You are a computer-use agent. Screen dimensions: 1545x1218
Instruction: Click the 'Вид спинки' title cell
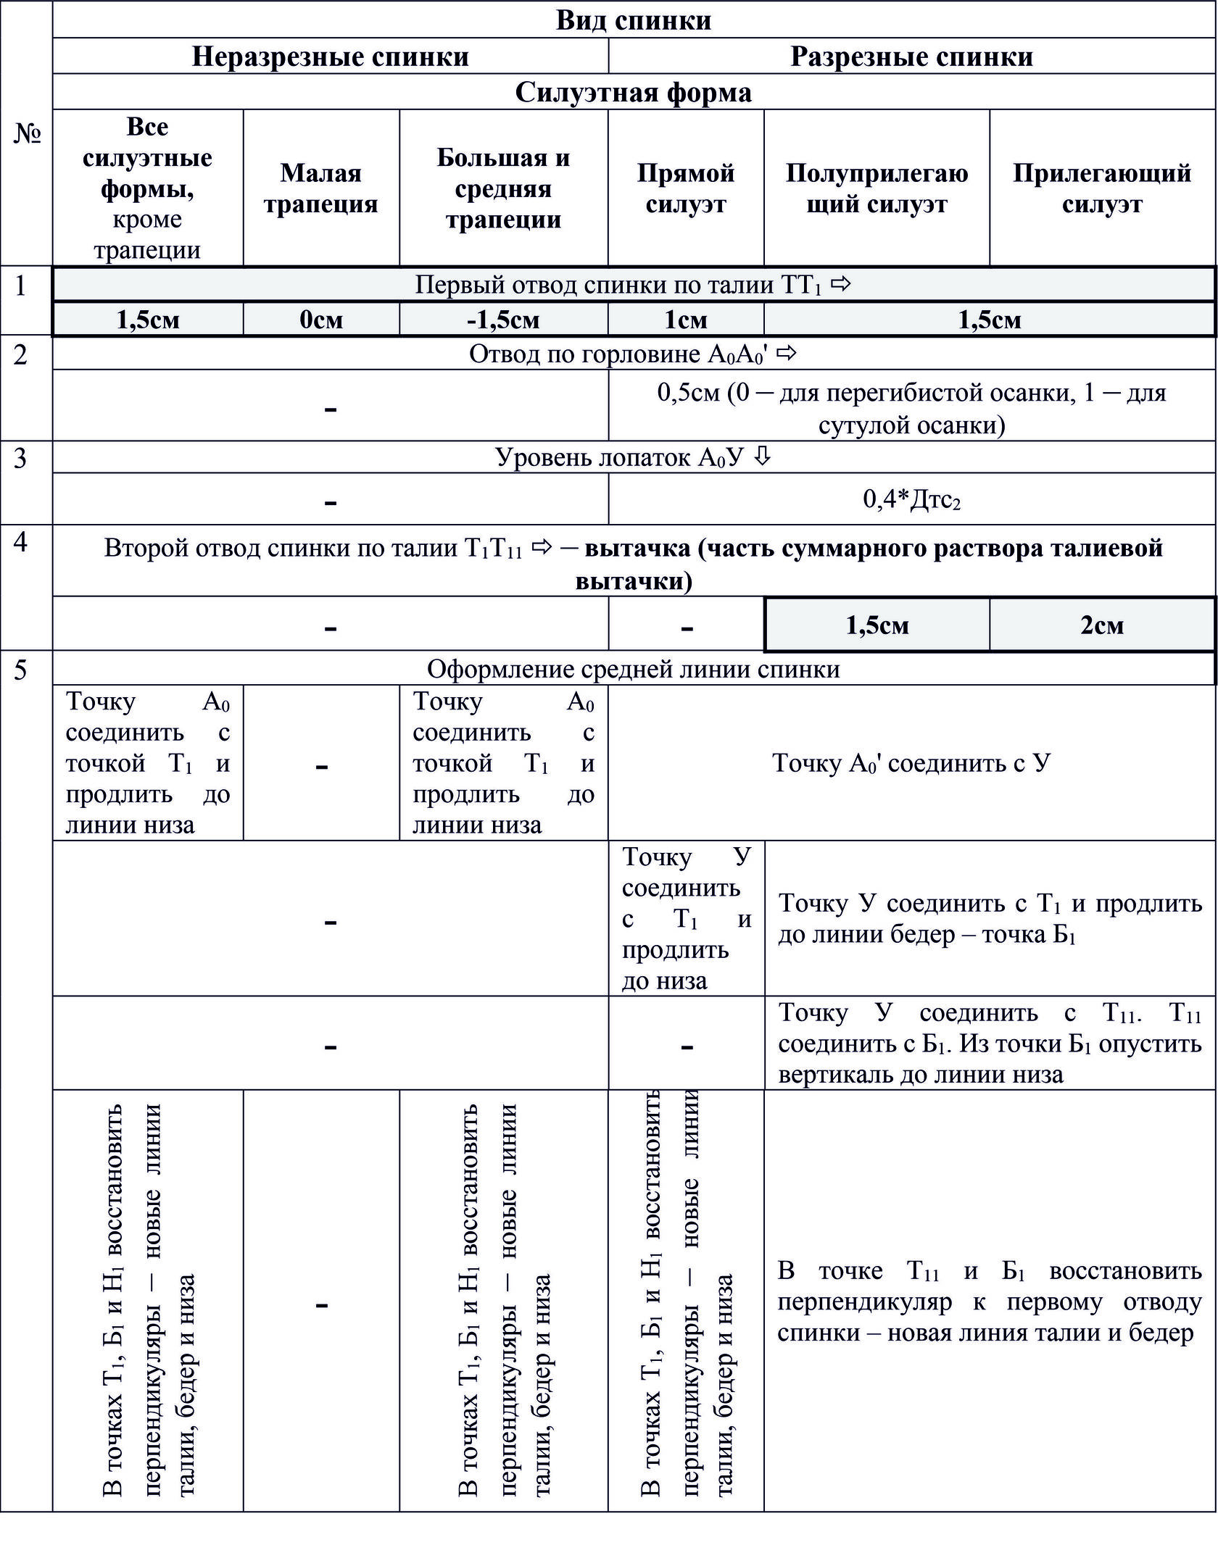[x=633, y=20]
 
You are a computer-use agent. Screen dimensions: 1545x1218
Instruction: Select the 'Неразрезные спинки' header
[x=330, y=56]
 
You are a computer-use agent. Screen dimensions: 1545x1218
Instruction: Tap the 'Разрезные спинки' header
[x=911, y=56]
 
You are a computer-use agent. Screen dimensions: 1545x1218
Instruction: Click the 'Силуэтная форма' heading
[x=633, y=92]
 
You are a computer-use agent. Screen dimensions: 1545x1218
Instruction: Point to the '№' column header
[x=27, y=133]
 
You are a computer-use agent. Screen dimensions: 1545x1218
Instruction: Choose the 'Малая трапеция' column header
[x=320, y=188]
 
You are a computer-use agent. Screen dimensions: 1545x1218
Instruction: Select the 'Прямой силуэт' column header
[x=685, y=188]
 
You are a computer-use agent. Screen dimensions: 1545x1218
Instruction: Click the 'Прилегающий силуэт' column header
[x=1101, y=188]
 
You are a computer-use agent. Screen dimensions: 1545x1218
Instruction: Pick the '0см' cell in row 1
[x=320, y=320]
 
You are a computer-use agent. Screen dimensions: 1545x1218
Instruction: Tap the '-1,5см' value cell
[x=503, y=320]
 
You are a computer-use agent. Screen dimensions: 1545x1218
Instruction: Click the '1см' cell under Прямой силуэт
[x=685, y=320]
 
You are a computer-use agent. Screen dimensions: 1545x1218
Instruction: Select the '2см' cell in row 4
[x=1101, y=625]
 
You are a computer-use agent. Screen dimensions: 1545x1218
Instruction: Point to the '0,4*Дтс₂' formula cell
[x=911, y=499]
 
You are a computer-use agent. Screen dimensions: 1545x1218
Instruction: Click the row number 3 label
[x=20, y=458]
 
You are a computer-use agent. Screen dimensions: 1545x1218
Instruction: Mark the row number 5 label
[x=20, y=670]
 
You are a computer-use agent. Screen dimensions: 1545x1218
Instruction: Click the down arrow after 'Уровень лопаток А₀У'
[x=761, y=457]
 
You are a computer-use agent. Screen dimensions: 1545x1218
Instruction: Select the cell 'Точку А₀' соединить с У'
[x=911, y=762]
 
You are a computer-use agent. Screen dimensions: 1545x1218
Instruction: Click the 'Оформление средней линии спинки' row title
[x=633, y=669]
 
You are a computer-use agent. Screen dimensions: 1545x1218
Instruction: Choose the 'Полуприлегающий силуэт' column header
[x=877, y=188]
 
